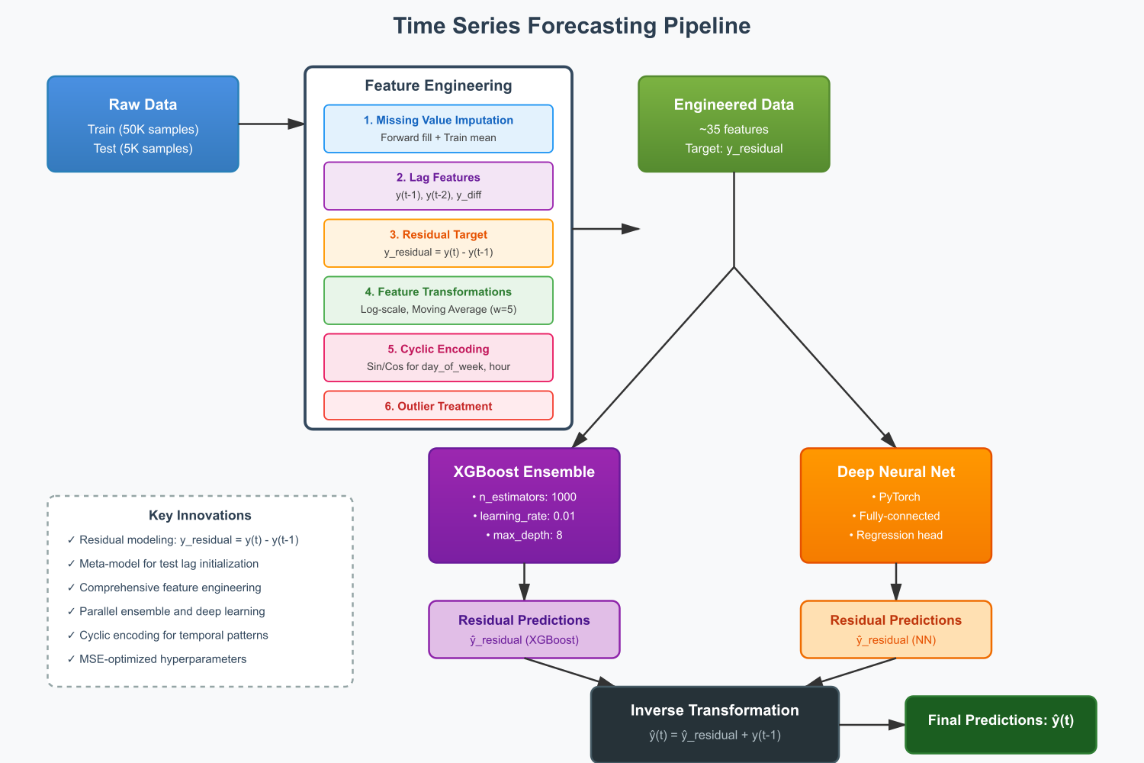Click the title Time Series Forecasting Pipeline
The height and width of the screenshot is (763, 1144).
pyautogui.click(x=571, y=26)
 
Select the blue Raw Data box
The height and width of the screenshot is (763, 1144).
pyautogui.click(x=143, y=124)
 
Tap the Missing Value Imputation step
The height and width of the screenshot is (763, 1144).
pyautogui.click(x=438, y=128)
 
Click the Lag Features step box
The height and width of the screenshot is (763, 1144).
pyautogui.click(x=438, y=185)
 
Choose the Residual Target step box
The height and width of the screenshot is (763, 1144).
pyautogui.click(x=438, y=243)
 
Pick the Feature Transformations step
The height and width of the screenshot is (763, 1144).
pyautogui.click(x=438, y=300)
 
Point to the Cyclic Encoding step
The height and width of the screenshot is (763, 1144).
pyautogui.click(x=438, y=357)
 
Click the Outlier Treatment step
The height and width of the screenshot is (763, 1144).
pyautogui.click(x=438, y=406)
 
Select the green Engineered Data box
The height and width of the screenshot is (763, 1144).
pyautogui.click(x=734, y=124)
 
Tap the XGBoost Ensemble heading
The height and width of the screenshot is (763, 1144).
pyautogui.click(x=524, y=472)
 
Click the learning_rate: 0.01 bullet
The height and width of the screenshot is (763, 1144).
pyautogui.click(x=524, y=516)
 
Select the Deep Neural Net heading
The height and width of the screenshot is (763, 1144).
pyautogui.click(x=895, y=472)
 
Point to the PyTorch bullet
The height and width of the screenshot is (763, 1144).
pyautogui.click(x=896, y=497)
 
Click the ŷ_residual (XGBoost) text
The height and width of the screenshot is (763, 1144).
pyautogui.click(x=524, y=640)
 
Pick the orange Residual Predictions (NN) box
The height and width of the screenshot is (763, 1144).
pyautogui.click(x=895, y=629)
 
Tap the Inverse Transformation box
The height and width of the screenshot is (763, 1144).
pyautogui.click(x=715, y=723)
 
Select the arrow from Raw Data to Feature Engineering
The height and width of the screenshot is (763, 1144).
pyautogui.click(x=271, y=124)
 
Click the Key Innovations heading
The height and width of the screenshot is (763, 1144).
pyautogui.click(x=200, y=515)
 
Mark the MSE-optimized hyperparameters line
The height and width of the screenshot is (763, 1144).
pyautogui.click(x=162, y=658)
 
